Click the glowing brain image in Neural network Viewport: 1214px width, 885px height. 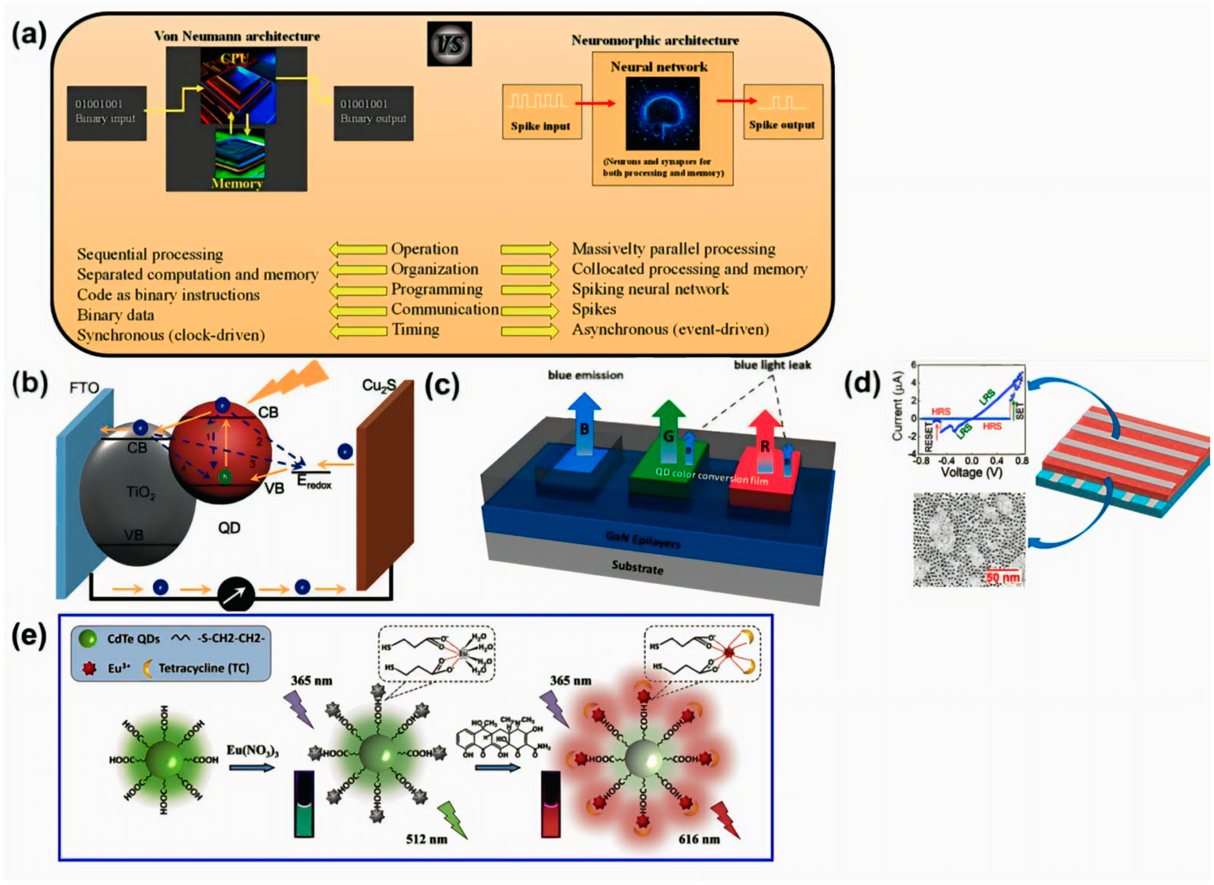click(662, 114)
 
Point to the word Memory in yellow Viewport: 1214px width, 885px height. click(236, 183)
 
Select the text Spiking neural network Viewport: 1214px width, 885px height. click(650, 289)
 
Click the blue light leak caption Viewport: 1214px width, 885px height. click(772, 365)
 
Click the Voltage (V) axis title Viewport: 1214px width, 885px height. click(971, 473)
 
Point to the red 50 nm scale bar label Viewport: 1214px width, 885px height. click(1003, 578)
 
